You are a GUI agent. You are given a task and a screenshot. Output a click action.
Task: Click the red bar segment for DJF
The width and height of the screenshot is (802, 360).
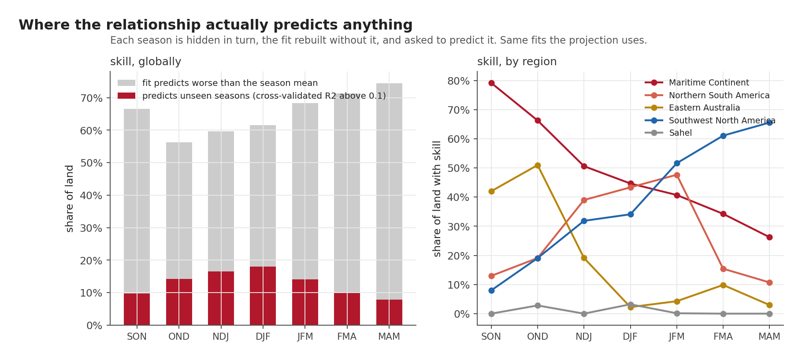tap(263, 296)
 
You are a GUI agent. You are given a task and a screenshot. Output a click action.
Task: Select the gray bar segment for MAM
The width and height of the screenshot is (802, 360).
tap(389, 191)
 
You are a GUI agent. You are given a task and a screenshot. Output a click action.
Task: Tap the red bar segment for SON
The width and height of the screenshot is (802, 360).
tap(137, 309)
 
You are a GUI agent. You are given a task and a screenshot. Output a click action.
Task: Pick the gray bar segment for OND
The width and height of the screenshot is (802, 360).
tap(179, 211)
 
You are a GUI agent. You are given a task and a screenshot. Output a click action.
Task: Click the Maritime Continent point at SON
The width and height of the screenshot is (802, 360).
tap(491, 83)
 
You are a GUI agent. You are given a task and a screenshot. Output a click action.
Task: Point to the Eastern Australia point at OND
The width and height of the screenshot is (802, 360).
tap(538, 165)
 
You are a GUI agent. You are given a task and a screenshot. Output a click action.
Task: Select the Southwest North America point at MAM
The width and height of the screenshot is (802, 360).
tap(769, 122)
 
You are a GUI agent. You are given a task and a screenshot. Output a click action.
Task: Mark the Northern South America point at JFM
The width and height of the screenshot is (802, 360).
tap(677, 175)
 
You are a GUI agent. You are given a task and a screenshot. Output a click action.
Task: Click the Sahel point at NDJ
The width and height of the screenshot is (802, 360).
tap(584, 314)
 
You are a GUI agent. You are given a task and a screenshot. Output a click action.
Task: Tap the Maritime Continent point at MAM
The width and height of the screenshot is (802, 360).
tap(769, 237)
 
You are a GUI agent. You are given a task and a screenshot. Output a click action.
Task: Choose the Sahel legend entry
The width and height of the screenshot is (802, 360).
tap(668, 133)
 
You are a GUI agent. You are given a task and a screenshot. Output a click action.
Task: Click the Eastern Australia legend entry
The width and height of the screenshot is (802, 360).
tap(692, 108)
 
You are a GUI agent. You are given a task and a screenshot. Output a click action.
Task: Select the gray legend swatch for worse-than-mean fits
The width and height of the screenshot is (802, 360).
tap(126, 83)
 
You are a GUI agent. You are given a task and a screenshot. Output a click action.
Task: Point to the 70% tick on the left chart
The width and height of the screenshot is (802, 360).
tap(91, 98)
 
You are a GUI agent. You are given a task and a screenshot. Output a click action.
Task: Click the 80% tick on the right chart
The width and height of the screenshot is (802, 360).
tap(459, 81)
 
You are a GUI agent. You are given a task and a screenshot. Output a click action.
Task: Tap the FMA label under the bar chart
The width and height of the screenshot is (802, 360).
tap(347, 337)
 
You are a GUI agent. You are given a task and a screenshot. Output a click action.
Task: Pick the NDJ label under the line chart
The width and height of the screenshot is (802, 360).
tap(584, 337)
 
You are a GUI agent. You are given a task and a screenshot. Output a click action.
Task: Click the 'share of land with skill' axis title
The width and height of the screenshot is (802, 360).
tap(437, 199)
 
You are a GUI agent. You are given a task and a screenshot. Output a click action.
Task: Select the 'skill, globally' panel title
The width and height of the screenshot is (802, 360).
tap(145, 62)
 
